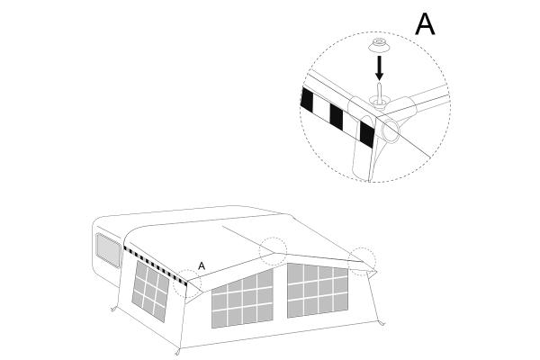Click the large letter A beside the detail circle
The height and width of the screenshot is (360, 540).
pos(425,24)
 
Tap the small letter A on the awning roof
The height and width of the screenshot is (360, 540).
pos(202,266)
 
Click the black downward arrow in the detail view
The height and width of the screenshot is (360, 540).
pos(379,67)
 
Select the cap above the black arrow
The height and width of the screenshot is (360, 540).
pos(379,45)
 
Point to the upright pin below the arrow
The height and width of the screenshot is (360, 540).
pos(379,92)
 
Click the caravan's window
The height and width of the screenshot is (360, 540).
pos(108,250)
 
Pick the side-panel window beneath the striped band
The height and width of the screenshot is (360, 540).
pos(151,291)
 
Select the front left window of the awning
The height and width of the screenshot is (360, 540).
pos(242,298)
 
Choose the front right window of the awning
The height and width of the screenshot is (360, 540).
pos(318,291)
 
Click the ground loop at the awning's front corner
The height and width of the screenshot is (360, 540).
pos(178,352)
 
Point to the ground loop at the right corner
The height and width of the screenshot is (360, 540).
pos(381,323)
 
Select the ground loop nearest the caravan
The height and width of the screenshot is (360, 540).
pos(113,309)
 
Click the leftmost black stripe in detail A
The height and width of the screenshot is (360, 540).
pos(307,100)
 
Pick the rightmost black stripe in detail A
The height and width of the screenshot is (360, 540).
pos(367,134)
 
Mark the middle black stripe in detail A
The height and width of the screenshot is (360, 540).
pos(337,117)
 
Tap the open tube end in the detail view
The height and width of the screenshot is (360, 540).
pos(391,130)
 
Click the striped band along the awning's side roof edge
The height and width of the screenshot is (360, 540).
pos(156,266)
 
